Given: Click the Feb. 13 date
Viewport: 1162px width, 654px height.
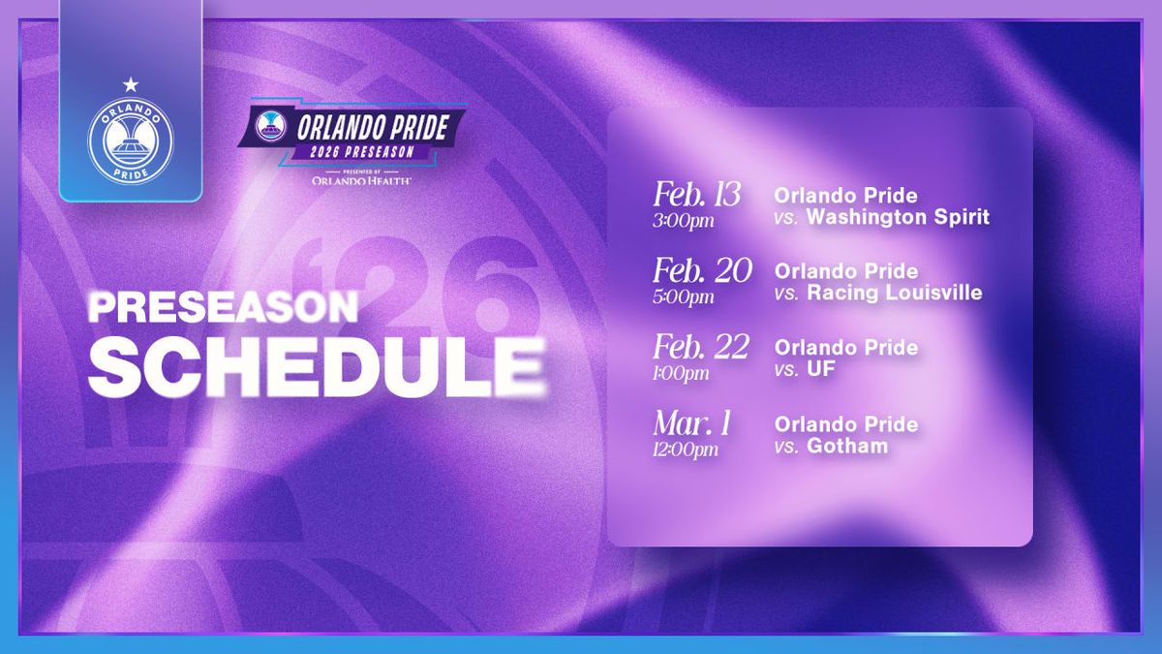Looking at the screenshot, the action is [696, 195].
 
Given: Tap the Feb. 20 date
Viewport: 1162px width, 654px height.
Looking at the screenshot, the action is [702, 270].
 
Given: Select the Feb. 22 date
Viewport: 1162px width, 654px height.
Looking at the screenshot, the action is [701, 347].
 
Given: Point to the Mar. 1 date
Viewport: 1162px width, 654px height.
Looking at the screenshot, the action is [692, 423].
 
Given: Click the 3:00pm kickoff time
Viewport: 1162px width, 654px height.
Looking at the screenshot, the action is [684, 221].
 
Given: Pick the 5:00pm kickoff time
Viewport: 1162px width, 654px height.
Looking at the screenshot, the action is [684, 296].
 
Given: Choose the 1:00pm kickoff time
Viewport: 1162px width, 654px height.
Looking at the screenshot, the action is [681, 373].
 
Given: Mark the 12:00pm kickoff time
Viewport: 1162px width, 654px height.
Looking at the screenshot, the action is [686, 450].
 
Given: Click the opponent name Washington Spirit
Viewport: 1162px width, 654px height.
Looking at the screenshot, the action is [898, 217].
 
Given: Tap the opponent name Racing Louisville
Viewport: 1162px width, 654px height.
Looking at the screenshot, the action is [895, 293].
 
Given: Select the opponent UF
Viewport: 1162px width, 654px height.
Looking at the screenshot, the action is [821, 369].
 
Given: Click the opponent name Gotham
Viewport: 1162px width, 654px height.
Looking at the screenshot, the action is [847, 446].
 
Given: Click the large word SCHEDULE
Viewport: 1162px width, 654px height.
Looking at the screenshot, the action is [317, 366].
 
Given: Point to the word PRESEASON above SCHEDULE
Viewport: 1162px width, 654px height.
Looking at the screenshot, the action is [223, 307].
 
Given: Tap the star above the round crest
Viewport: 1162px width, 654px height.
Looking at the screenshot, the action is [131, 83].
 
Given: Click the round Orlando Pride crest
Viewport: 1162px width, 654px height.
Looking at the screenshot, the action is [131, 141].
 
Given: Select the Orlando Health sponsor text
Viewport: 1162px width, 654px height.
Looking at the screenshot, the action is [361, 180].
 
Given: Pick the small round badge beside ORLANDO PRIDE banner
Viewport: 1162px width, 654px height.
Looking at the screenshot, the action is [271, 126].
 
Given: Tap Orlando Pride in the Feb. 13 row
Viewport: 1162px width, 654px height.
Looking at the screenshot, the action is [845, 196].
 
